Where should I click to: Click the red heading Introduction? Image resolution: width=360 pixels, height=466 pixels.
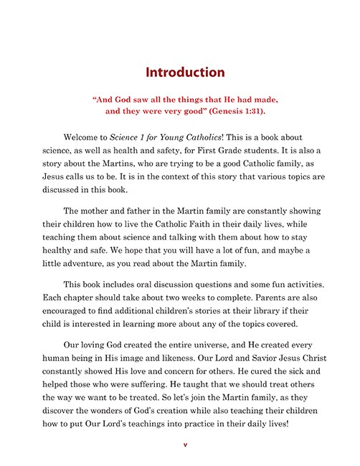(x=185, y=72)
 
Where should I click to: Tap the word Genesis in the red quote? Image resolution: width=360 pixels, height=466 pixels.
(x=222, y=112)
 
